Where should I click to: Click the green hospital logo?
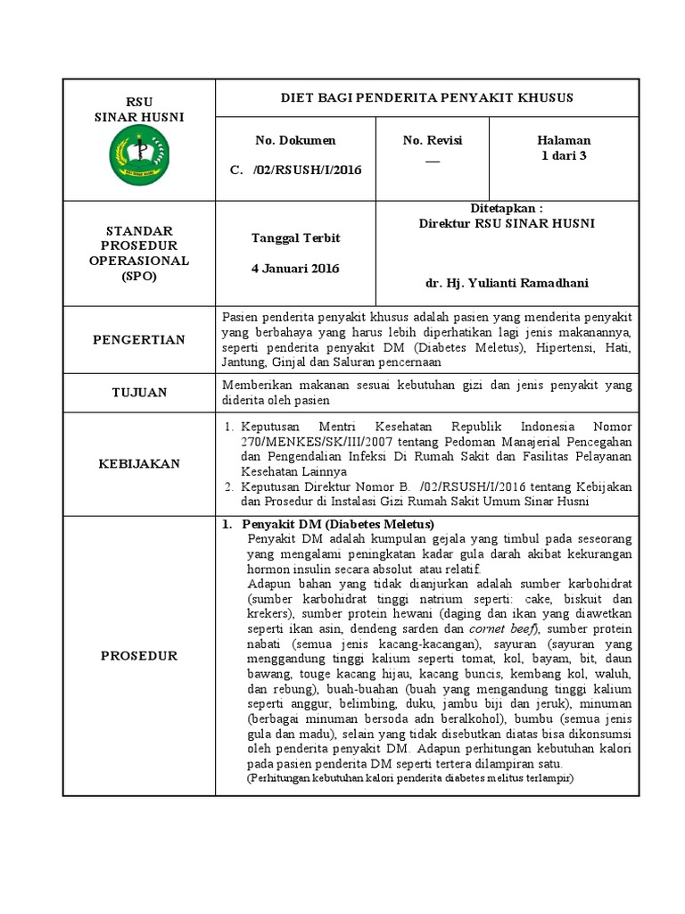coord(138,154)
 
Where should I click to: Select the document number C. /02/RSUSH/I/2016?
coord(294,170)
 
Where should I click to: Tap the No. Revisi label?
coord(433,140)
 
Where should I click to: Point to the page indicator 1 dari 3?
coord(564,155)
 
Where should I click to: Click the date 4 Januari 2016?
coord(294,268)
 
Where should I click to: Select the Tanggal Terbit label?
coord(294,238)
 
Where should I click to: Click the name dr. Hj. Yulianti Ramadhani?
coord(507,283)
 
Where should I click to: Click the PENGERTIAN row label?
coord(138,339)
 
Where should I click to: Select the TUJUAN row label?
coord(138,392)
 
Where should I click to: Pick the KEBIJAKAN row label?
coord(138,463)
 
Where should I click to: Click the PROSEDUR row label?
coord(138,655)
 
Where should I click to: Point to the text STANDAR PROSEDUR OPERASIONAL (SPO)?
coord(138,253)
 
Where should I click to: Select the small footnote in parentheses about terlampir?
coord(410,778)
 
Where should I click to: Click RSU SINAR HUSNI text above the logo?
coord(138,109)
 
